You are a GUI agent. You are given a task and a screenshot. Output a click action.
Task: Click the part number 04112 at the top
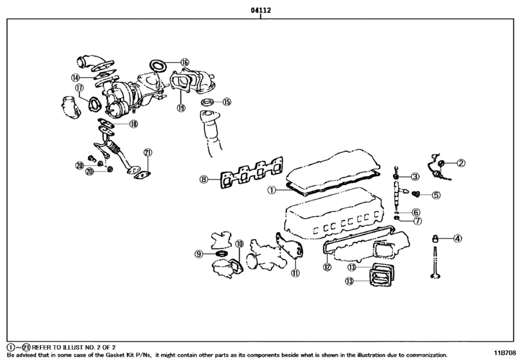(260, 11)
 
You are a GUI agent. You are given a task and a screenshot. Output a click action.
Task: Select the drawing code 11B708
(504, 354)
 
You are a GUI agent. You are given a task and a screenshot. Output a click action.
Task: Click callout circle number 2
(461, 163)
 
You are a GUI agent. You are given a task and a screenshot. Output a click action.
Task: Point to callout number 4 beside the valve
(457, 239)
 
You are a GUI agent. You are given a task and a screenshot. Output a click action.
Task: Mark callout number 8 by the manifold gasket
(204, 179)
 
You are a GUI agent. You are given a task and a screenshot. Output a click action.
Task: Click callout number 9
(199, 255)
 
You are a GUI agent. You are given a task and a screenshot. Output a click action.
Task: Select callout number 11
(296, 273)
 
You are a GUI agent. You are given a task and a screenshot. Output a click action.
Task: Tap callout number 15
(226, 102)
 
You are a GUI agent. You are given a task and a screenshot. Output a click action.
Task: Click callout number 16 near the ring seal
(185, 62)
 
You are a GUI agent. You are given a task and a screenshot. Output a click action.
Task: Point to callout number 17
(79, 88)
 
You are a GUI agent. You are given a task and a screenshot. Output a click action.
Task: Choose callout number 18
(133, 124)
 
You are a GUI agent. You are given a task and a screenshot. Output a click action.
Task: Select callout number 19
(181, 107)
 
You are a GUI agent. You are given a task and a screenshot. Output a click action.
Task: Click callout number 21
(148, 152)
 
